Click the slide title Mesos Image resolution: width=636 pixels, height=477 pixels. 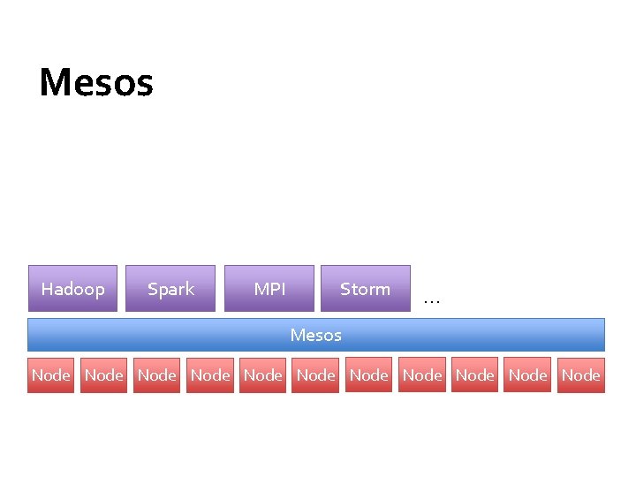point(96,83)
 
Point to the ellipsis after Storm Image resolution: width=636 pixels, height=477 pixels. point(431,299)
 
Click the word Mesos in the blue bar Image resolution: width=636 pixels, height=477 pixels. point(315,335)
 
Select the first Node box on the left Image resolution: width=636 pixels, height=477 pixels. point(50,375)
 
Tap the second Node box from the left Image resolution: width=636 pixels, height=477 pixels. point(103,375)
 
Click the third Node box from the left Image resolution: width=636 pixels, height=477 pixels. point(156,375)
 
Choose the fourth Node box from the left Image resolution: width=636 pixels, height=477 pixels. point(209,375)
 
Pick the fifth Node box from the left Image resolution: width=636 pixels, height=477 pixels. point(262,375)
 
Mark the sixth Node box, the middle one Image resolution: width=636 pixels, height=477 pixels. point(315,375)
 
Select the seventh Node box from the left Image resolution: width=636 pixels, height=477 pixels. point(368,375)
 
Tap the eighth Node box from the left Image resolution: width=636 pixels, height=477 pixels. point(421,375)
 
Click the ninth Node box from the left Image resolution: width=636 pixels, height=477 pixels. point(474,375)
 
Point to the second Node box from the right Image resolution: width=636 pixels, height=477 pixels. point(527,375)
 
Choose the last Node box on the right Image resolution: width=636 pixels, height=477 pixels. point(580,375)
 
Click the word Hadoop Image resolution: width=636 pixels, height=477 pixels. point(72,289)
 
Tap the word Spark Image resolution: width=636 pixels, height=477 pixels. point(170,289)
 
